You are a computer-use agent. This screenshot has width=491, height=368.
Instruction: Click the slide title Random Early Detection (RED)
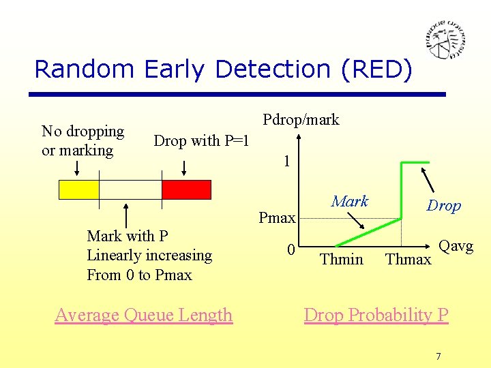coord(223,69)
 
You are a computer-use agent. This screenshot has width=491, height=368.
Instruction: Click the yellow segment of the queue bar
coord(79,189)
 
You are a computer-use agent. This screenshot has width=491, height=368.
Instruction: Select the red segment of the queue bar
coord(186,189)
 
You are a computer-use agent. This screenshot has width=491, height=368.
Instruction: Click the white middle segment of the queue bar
coord(130,189)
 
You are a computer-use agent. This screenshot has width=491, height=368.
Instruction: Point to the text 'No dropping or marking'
coord(83,140)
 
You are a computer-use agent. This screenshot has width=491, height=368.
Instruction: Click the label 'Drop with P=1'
coord(201,141)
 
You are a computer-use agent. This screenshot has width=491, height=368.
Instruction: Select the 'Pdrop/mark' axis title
coord(301,120)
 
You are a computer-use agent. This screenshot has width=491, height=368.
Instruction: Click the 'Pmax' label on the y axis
coord(277,218)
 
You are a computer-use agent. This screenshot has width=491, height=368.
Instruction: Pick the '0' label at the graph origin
coord(291,250)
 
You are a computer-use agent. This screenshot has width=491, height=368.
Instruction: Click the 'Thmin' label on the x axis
coord(341,259)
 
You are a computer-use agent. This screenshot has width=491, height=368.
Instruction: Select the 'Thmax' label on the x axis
coord(408,259)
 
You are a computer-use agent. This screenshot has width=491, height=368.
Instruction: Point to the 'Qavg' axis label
coord(456,246)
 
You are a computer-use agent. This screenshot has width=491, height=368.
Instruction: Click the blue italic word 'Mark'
coord(349,201)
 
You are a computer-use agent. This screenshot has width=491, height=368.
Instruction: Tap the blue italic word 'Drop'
coord(443,206)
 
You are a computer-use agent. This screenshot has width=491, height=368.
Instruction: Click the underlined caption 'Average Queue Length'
coord(144,315)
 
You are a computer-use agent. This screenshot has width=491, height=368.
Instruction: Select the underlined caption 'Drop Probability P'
coord(376,315)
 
